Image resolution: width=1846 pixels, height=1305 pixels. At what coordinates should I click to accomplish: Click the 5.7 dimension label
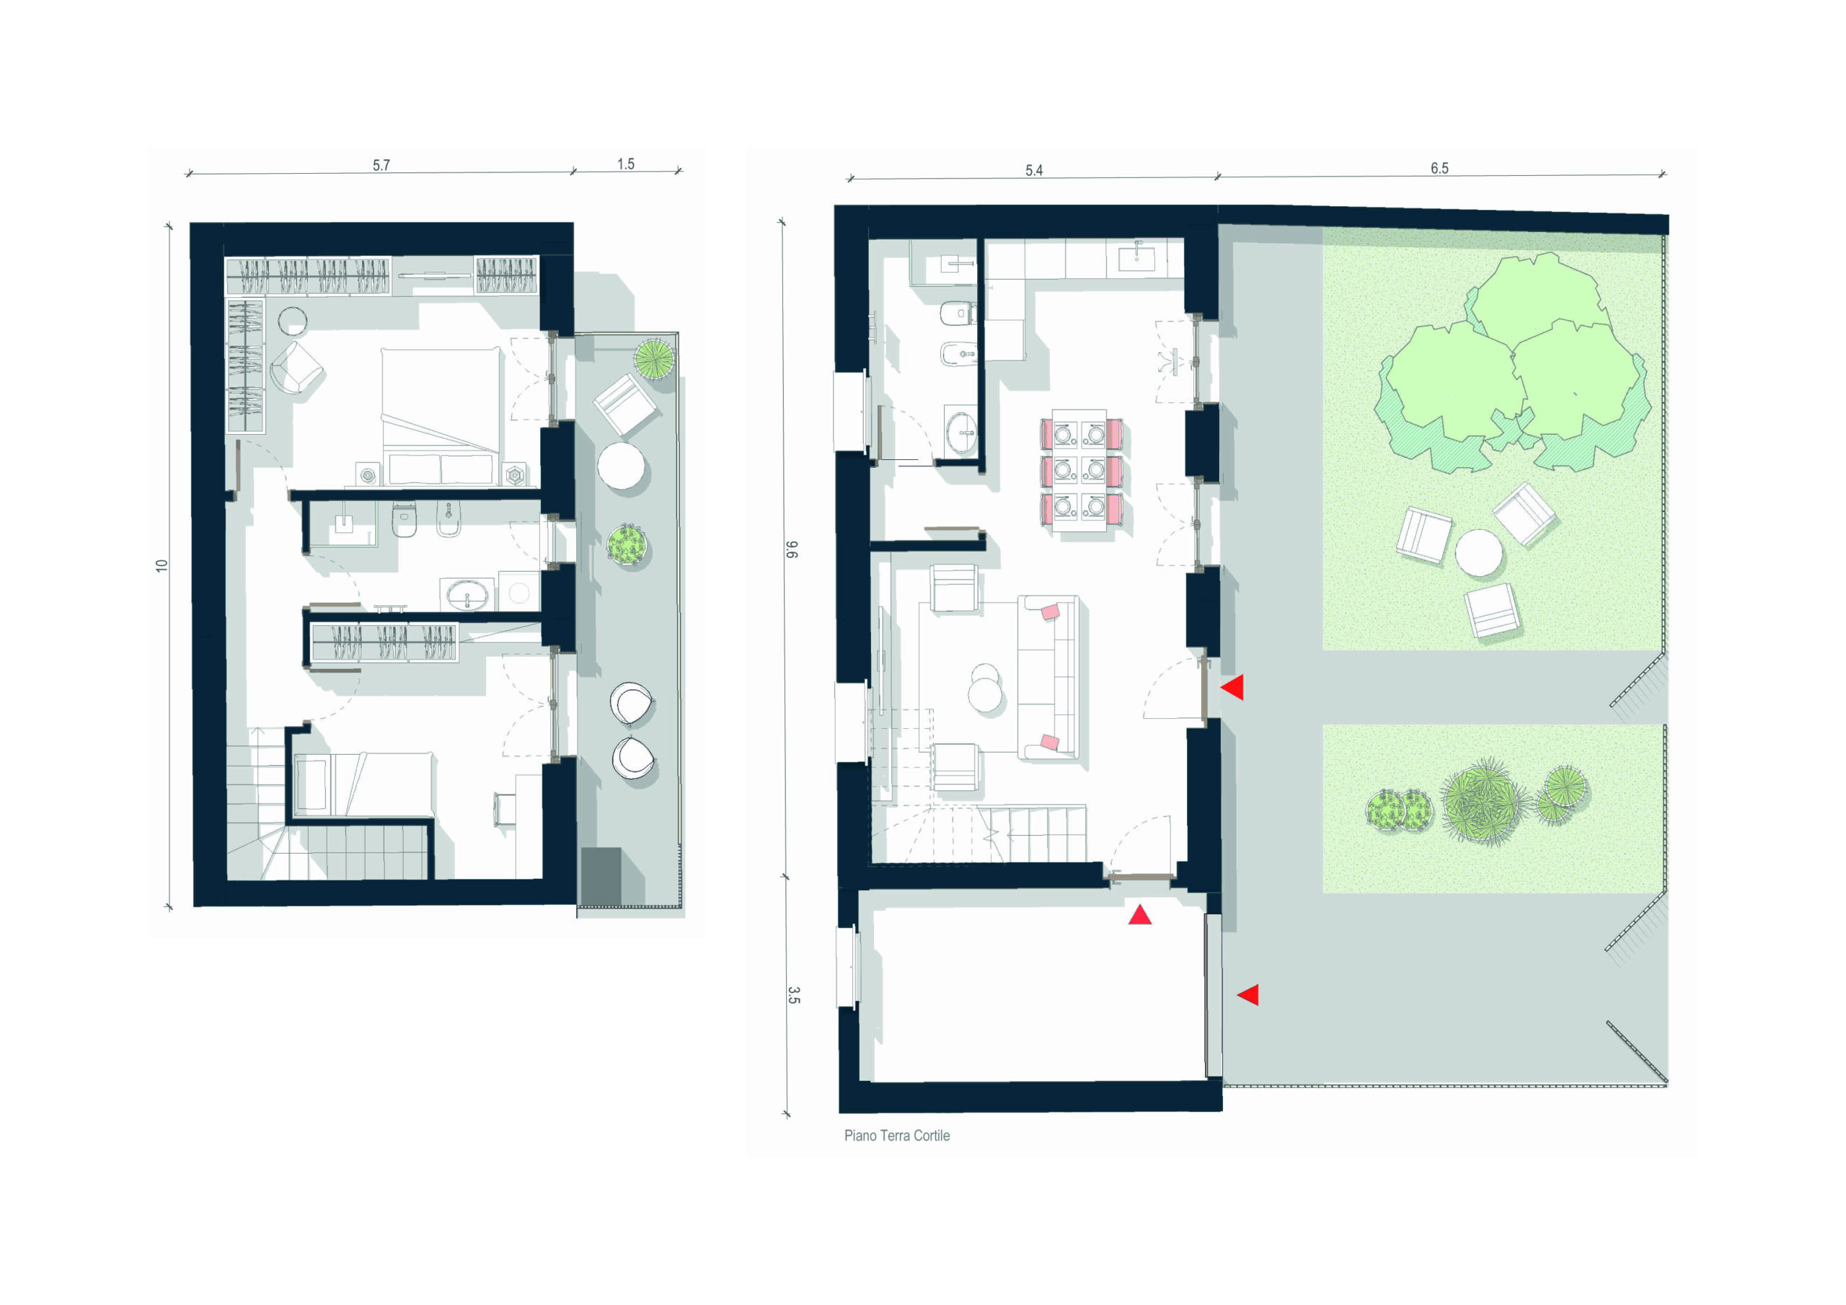[381, 165]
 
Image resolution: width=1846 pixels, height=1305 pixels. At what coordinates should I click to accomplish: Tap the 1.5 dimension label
[625, 164]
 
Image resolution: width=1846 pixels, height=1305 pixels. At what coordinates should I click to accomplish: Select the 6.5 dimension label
[1439, 168]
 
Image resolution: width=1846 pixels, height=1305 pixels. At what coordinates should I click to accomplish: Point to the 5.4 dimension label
[1034, 170]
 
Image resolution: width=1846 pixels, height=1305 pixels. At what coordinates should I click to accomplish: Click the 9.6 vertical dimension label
[791, 550]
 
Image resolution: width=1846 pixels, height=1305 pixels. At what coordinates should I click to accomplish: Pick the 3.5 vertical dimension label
[793, 996]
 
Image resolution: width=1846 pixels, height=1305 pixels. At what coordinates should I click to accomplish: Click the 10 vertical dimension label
[162, 565]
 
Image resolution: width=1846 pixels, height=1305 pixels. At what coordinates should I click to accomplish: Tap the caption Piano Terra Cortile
[896, 1136]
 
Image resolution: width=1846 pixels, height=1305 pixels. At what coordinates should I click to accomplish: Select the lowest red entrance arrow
[1247, 995]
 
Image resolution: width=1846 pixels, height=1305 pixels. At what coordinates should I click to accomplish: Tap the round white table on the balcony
[621, 466]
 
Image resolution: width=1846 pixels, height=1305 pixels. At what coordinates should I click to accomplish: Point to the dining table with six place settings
[1082, 469]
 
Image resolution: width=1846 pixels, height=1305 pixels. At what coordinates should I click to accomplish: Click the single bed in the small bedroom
[363, 784]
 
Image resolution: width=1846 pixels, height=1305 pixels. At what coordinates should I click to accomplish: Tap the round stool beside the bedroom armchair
[293, 321]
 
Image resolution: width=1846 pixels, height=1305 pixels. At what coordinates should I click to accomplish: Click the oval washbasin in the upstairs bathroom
[467, 596]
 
